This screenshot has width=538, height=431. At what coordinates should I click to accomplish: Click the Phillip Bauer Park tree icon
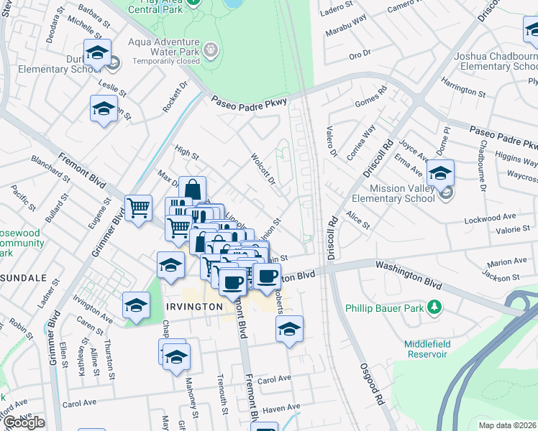click(434, 307)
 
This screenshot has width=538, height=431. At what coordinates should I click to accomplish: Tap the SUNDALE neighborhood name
click(22, 278)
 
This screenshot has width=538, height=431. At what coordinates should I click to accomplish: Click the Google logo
click(23, 422)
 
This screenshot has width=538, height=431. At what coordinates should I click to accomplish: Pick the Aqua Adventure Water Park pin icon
click(210, 50)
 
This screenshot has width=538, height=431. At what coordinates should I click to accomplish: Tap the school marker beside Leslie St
click(104, 110)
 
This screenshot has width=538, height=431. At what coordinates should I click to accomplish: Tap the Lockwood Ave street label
click(491, 216)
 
